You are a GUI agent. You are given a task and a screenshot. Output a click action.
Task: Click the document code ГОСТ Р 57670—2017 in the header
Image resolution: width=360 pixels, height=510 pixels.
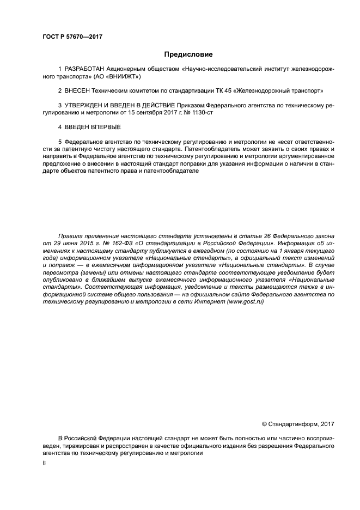pos(72,37)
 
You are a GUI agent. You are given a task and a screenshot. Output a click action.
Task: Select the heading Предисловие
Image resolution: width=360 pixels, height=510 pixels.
pos(188,54)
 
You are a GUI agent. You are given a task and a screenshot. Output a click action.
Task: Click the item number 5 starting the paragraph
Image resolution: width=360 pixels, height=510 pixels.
pos(60,141)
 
